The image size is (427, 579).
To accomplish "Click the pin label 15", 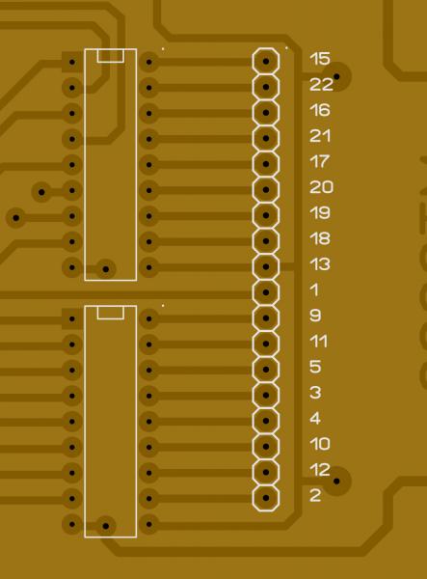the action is (320, 59).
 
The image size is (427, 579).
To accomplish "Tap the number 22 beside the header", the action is (321, 85).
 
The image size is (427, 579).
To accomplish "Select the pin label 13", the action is (320, 264).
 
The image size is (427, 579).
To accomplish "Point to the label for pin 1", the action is (314, 289).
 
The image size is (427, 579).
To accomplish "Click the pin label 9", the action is (315, 316).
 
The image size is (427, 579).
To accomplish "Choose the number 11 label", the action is (319, 342).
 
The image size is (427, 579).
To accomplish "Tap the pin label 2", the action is (315, 495).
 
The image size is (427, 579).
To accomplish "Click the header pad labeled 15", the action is (266, 61).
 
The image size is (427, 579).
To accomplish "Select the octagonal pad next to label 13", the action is (266, 266).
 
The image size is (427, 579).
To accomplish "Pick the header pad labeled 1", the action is (266, 292).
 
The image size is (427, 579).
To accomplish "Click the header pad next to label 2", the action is (266, 498).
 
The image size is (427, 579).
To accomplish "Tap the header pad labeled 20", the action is (266, 190).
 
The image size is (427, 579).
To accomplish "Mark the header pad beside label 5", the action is (266, 370).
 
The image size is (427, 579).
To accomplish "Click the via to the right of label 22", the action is (336, 76).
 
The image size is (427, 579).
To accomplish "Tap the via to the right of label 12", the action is (336, 482).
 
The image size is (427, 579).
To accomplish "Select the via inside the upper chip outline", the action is (106, 269).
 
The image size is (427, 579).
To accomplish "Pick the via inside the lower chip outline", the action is (106, 526).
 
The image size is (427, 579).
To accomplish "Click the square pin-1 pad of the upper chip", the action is (72, 62).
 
